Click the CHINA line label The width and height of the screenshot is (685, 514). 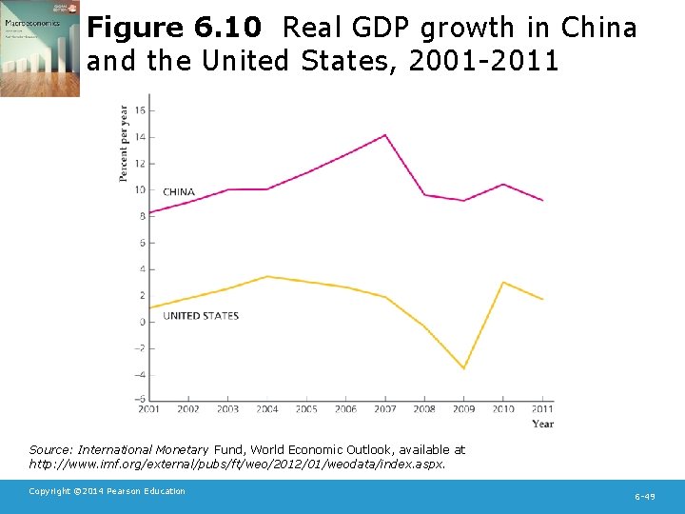pos(179,192)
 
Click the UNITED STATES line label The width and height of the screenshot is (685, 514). pos(201,316)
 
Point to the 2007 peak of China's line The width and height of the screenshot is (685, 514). pos(385,135)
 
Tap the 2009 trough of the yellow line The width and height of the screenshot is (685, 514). pos(463,368)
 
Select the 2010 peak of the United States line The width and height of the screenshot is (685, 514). pos(503,283)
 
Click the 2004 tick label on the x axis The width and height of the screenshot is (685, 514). pos(266,409)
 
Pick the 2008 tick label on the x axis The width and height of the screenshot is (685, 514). pos(424,409)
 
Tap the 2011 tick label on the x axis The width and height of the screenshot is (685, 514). pos(542,409)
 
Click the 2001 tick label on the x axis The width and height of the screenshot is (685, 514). pos(148,409)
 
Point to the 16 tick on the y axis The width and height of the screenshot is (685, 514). pos(139,110)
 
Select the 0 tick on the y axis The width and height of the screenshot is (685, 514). pos(141,322)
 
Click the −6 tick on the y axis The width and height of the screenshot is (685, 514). pos(139,400)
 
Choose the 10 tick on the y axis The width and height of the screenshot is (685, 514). pos(139,189)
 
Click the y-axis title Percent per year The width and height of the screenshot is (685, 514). pos(124,143)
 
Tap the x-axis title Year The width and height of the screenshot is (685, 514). pos(542,424)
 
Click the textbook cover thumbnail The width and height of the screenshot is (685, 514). pos(40,49)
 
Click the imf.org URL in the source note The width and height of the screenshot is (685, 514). pos(237,465)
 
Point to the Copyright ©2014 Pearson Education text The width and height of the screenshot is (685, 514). pos(107,491)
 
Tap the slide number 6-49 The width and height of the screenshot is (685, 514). pos(644,497)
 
